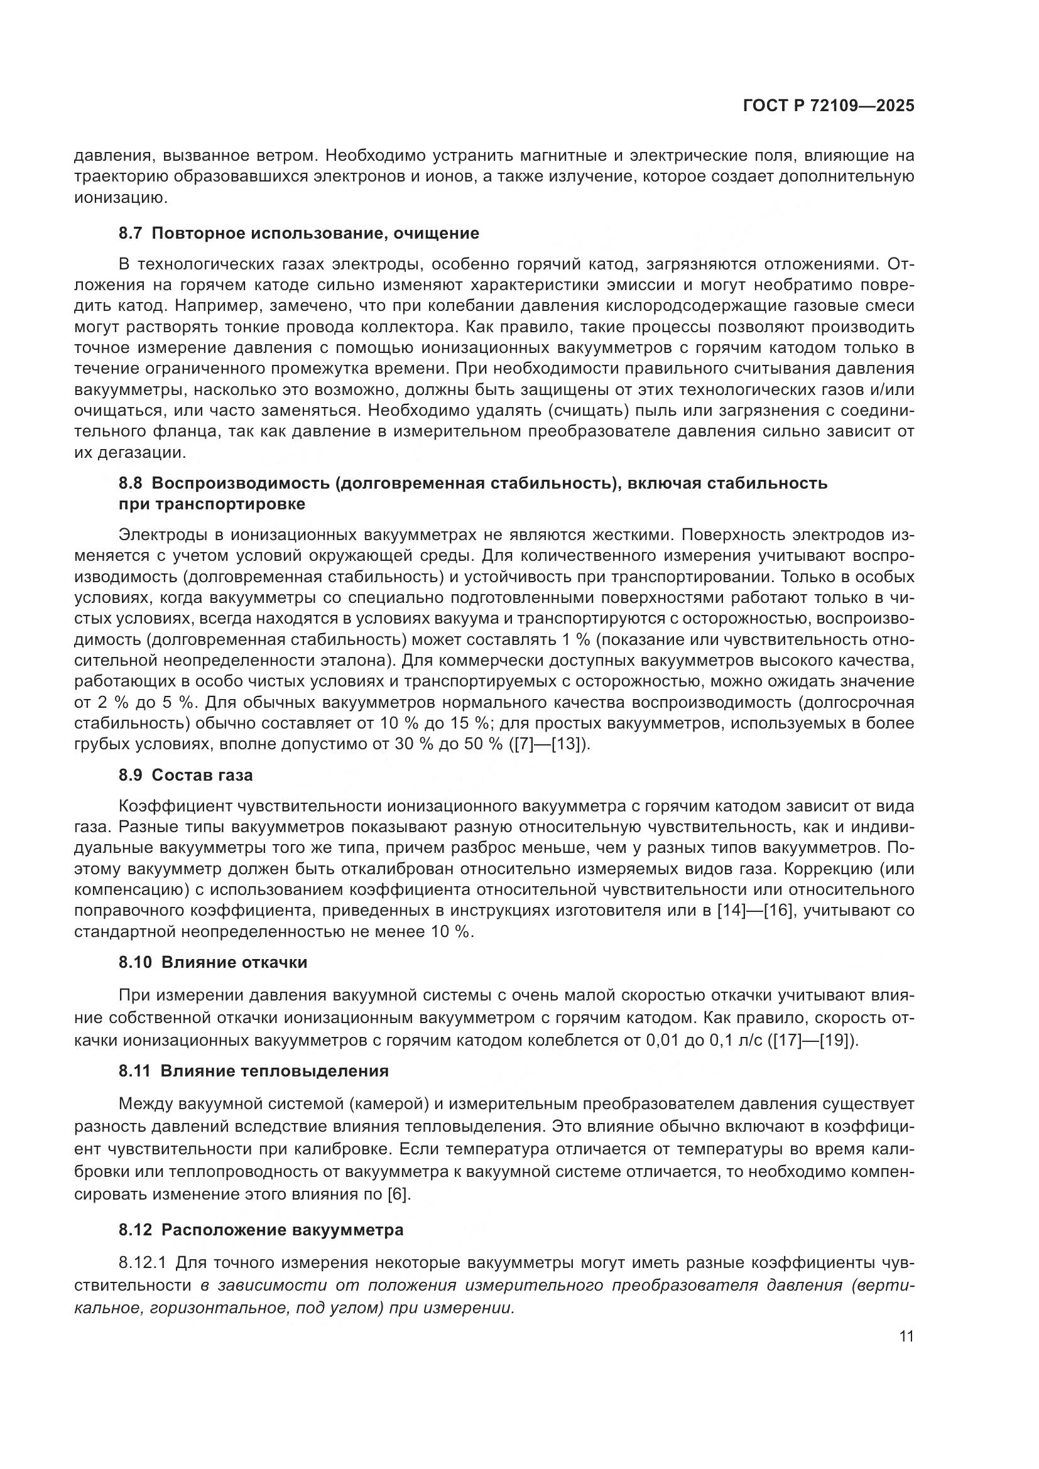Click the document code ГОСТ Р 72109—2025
829,106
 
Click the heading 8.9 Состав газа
185,775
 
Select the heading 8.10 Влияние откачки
212,962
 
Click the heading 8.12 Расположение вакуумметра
261,1230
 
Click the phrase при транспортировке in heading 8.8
212,504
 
